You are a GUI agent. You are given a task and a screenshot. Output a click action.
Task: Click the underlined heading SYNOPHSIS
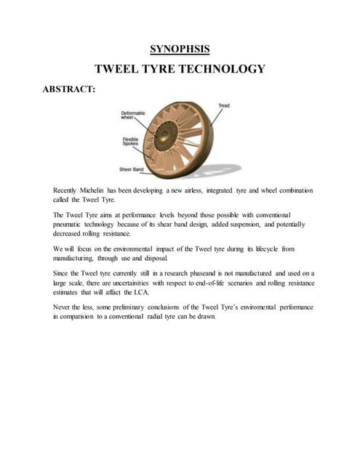pos(180,49)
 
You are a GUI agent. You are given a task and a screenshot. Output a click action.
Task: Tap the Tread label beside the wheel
pos(225,106)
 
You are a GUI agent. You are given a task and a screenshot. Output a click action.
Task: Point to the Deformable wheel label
pos(133,116)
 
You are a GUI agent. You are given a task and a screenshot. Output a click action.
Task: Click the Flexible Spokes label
pos(131,142)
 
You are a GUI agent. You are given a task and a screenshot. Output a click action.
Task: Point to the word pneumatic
pos(71,225)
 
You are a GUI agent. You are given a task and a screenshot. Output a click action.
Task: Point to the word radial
pos(164,318)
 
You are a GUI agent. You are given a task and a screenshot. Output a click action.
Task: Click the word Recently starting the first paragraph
pos(68,190)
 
